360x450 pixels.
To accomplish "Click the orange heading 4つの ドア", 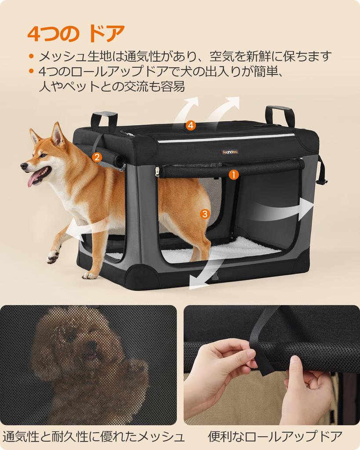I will [76, 34].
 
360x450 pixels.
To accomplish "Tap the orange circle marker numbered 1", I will [233, 174].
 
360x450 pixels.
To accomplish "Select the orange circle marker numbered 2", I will [97, 156].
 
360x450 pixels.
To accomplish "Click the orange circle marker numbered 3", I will [204, 214].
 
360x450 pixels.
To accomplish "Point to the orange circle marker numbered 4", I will [190, 125].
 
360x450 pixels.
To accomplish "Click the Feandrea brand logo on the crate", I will [230, 152].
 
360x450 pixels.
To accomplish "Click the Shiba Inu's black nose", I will [23, 166].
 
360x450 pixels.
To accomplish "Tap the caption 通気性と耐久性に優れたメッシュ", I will [93, 436].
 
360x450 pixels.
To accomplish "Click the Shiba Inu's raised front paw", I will [53, 256].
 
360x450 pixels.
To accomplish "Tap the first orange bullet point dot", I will [31, 56].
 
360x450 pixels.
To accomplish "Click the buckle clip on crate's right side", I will [322, 180].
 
